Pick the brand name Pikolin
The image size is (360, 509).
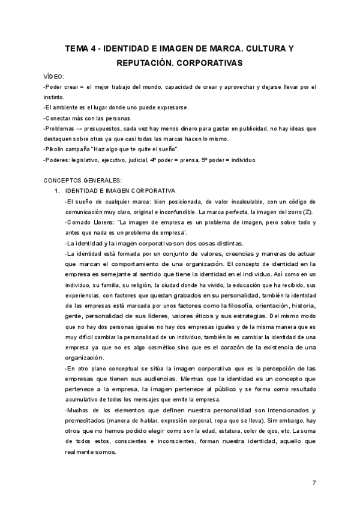57,149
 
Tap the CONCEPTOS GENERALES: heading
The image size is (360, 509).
83,180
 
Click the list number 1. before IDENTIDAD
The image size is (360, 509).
56,190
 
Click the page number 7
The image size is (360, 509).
314,483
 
